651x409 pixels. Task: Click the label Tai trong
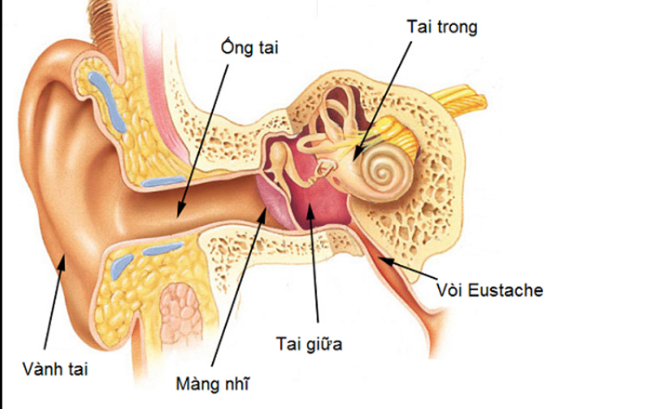[x=442, y=27]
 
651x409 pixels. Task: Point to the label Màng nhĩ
[x=213, y=381]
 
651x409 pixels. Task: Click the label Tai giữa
[x=311, y=346]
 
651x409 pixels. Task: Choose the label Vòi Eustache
[x=488, y=290]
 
